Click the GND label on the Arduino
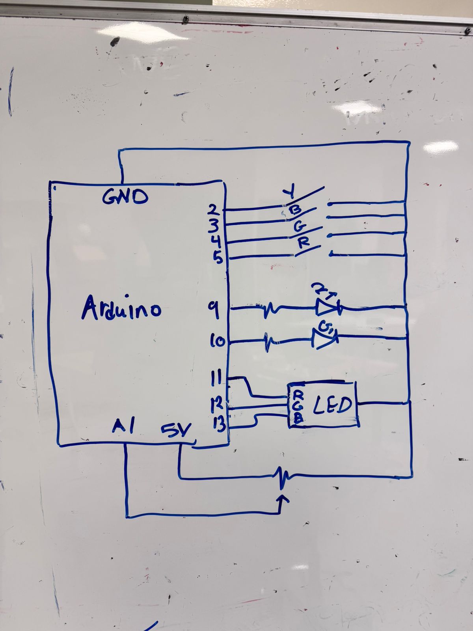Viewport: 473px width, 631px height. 125,197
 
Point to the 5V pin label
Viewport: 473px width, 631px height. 175,430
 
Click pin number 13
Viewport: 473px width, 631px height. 219,424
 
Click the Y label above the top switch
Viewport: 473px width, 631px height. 290,193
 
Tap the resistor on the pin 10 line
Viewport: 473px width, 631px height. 270,341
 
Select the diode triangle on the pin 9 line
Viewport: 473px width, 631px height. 326,308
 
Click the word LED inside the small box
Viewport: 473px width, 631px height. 332,405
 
